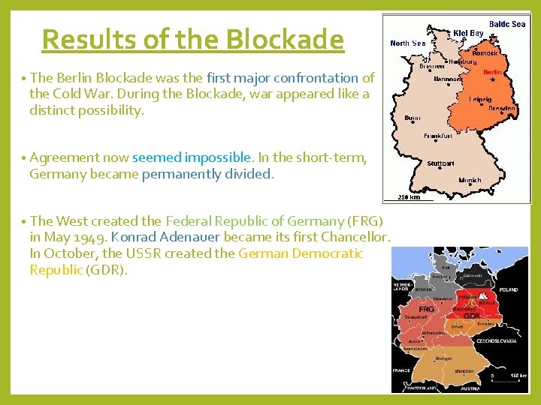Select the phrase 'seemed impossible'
(x=191, y=157)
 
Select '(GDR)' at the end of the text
(x=107, y=269)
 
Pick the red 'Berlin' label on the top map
(x=492, y=73)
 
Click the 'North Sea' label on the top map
(x=408, y=43)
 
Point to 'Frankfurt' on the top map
(x=439, y=136)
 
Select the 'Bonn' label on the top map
(x=413, y=118)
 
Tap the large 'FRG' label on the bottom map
(x=427, y=309)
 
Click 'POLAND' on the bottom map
(x=509, y=289)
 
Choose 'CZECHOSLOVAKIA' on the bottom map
(x=495, y=340)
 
